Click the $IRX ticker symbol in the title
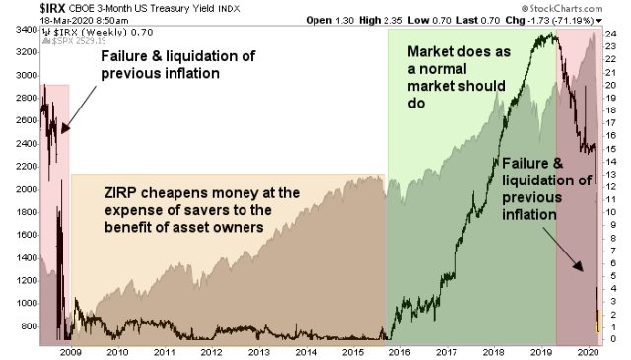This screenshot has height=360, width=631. [x=21, y=8]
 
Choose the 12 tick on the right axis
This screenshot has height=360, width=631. [x=611, y=186]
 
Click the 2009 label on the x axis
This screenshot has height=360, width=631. [x=71, y=351]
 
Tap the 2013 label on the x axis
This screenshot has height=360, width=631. [x=258, y=351]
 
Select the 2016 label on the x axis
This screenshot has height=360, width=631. [x=399, y=351]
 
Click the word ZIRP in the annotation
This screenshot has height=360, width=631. [x=122, y=192]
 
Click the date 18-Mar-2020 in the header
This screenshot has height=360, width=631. [x=31, y=19]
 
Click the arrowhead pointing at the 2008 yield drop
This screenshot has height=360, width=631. [x=64, y=129]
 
